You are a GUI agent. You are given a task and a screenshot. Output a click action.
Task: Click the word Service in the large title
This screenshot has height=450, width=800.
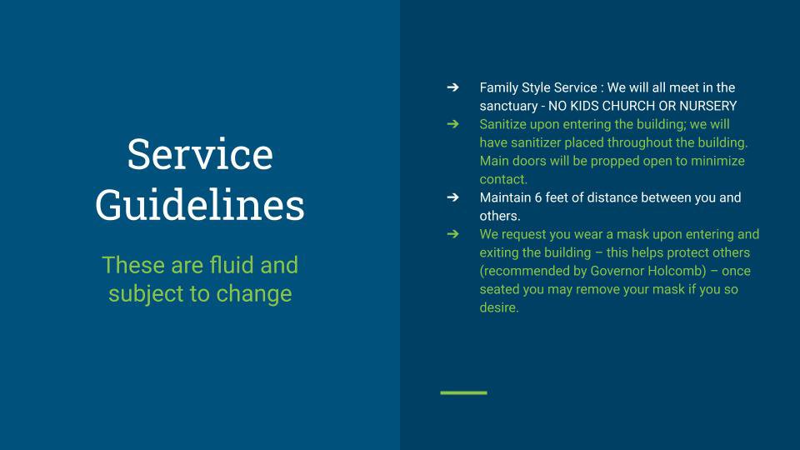coord(200,154)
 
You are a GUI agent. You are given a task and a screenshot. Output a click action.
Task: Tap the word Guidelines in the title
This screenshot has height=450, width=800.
coord(200,205)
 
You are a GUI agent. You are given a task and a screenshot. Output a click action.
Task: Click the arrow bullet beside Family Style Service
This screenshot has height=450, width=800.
coord(452,87)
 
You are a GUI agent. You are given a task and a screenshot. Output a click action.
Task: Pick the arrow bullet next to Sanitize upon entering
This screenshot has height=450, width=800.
coord(452,124)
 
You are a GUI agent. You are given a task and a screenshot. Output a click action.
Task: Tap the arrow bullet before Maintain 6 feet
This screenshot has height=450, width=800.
coord(452,197)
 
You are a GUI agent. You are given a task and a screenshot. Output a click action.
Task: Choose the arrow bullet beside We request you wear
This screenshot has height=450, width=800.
coord(452,234)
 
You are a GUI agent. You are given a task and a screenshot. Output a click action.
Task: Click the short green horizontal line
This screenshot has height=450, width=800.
coord(464,392)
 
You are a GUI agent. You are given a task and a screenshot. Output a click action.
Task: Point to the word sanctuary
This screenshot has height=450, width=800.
coord(508,106)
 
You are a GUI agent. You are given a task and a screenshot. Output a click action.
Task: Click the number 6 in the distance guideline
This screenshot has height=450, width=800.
coord(537,198)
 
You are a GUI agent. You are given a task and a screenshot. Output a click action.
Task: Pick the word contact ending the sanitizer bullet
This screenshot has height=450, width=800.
coord(502,180)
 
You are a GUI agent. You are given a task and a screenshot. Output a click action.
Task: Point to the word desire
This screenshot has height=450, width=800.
coord(497,307)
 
